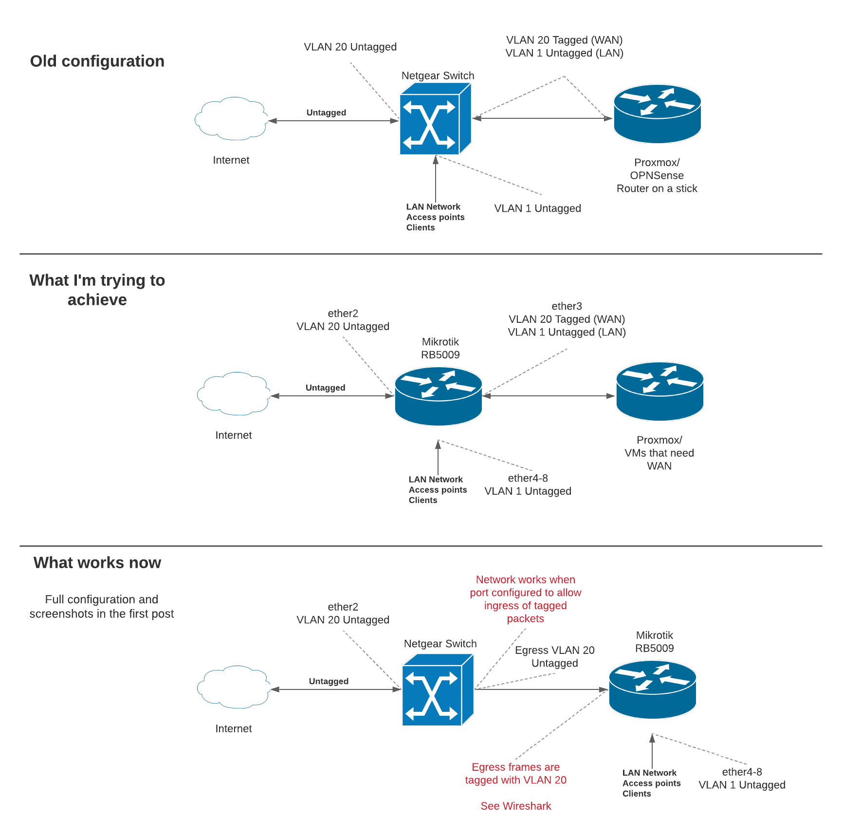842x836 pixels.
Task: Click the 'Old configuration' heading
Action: (97, 61)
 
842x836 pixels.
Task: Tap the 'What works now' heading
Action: (97, 563)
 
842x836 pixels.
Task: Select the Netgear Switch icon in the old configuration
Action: (435, 119)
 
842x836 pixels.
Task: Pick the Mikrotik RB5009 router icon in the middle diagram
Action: (438, 396)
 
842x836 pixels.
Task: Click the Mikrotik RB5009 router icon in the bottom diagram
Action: (652, 689)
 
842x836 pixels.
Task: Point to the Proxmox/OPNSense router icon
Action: (657, 114)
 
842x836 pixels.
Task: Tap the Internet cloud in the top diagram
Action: (231, 119)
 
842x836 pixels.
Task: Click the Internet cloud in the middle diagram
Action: (234, 394)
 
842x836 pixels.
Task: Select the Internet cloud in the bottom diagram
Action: (234, 687)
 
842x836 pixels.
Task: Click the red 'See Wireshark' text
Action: (515, 806)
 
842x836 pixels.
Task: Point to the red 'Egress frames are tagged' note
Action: (515, 774)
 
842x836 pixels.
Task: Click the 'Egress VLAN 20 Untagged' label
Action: (554, 657)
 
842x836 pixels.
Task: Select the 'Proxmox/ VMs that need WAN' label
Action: (659, 453)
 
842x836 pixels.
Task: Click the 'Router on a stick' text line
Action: (657, 189)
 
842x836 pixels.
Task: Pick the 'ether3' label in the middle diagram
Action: (567, 306)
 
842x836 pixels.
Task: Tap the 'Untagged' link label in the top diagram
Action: (326, 113)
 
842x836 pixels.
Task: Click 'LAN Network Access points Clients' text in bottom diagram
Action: (651, 783)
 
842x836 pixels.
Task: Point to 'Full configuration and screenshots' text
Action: (101, 607)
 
